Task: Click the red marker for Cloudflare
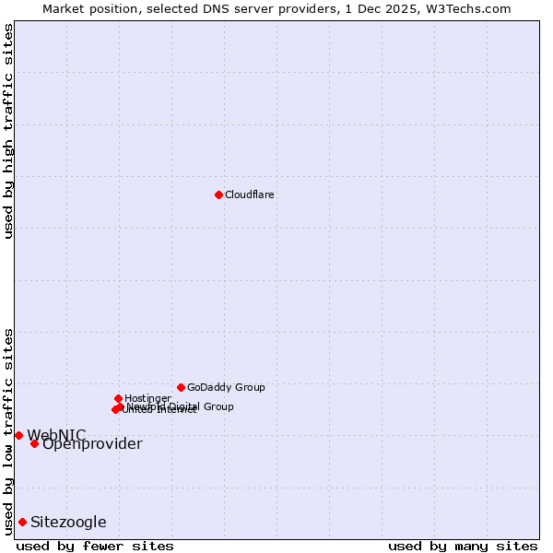pos(218,194)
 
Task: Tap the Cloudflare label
pos(250,194)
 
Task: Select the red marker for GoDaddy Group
pos(181,387)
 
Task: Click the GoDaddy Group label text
pos(226,387)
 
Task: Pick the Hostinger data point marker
pos(118,398)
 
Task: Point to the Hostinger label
pos(147,398)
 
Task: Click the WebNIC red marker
pos(18,435)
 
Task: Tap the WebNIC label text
pos(56,435)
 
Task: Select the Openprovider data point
pos(34,443)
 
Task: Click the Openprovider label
pos(92,444)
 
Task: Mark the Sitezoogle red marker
pos(22,522)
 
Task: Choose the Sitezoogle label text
pos(68,523)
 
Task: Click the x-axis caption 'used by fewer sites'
pos(95,546)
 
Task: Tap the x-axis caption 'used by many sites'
pos(463,546)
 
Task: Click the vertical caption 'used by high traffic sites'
pos(8,131)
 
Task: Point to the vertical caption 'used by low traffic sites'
pos(8,431)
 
